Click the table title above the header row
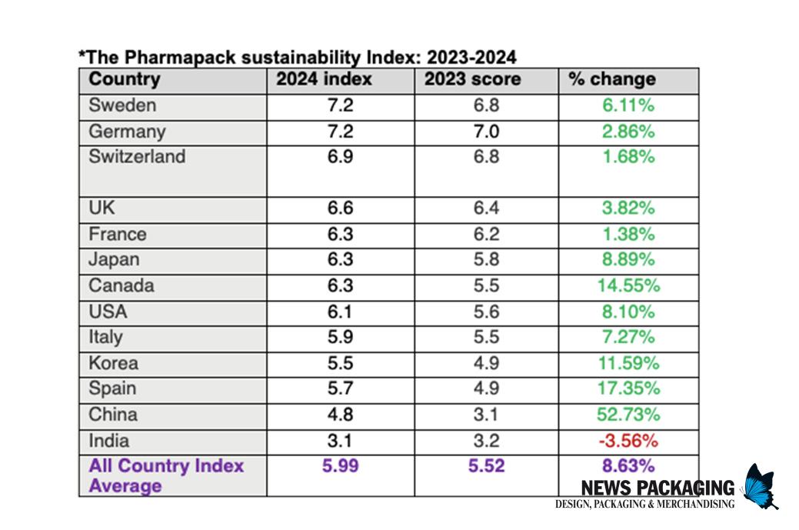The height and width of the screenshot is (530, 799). (298, 57)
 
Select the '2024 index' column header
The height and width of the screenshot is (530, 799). (324, 79)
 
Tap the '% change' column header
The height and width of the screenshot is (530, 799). (611, 79)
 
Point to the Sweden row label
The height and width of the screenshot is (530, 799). (122, 105)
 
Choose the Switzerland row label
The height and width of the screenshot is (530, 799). (137, 157)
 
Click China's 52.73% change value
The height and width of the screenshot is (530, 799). (628, 415)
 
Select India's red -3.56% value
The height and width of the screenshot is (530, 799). (628, 441)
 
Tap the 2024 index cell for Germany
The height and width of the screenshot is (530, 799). (339, 132)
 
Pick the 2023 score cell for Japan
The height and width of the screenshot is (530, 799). (486, 260)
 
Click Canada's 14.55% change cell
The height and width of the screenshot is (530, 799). (628, 286)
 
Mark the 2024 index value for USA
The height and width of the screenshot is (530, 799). (339, 312)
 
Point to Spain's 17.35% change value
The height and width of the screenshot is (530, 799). (628, 389)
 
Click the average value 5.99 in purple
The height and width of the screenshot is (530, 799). (339, 466)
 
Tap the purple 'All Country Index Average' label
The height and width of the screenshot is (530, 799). (166, 475)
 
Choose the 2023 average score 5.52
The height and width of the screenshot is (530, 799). (486, 466)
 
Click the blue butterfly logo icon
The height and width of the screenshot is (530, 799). (760, 485)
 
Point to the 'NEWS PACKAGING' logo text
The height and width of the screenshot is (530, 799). (658, 488)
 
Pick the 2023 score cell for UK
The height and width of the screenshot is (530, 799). (486, 208)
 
